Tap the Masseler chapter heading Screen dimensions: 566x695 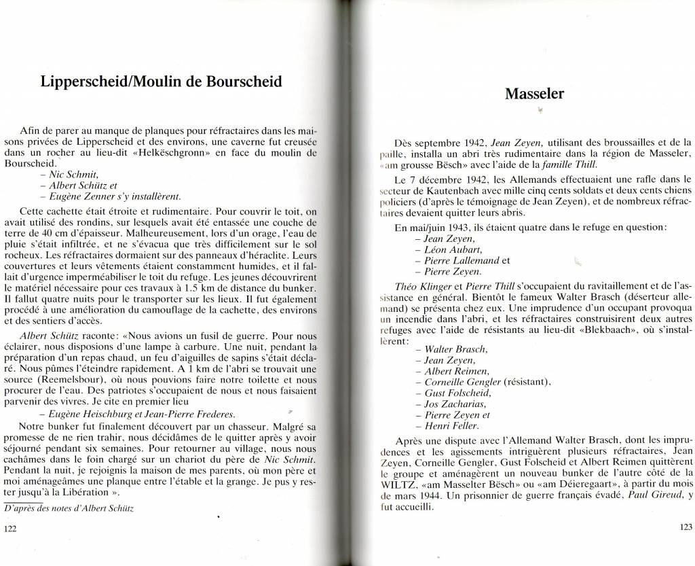pos(535,94)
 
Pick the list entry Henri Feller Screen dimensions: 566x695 pos(451,426)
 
